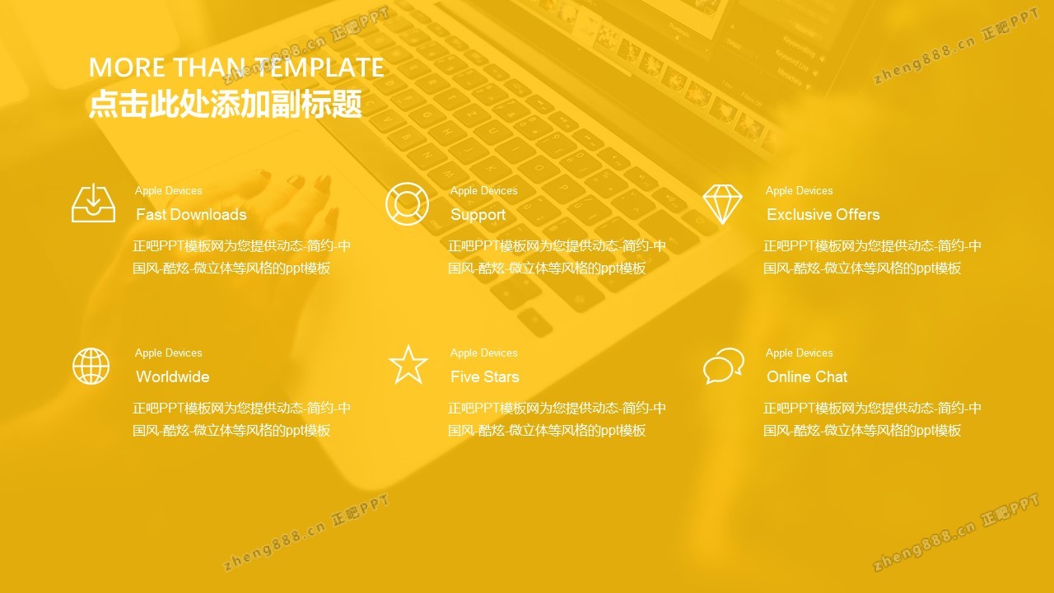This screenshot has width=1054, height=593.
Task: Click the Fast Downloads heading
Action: (x=191, y=215)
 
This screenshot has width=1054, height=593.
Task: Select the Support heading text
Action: (x=478, y=215)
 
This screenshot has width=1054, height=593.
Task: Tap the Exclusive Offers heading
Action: (x=823, y=215)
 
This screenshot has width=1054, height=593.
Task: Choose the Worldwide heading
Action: (x=173, y=376)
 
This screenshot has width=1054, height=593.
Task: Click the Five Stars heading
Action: (x=485, y=376)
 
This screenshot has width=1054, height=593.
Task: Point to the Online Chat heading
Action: (x=807, y=376)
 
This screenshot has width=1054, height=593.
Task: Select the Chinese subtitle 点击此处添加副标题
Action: (x=226, y=104)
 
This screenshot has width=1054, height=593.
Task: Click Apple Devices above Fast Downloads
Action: (x=169, y=190)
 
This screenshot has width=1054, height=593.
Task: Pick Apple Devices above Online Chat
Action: (x=799, y=353)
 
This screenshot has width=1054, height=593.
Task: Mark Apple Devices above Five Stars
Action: (x=483, y=353)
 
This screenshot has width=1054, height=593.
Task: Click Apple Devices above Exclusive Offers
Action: (x=799, y=190)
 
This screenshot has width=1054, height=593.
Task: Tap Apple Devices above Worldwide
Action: (x=169, y=353)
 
